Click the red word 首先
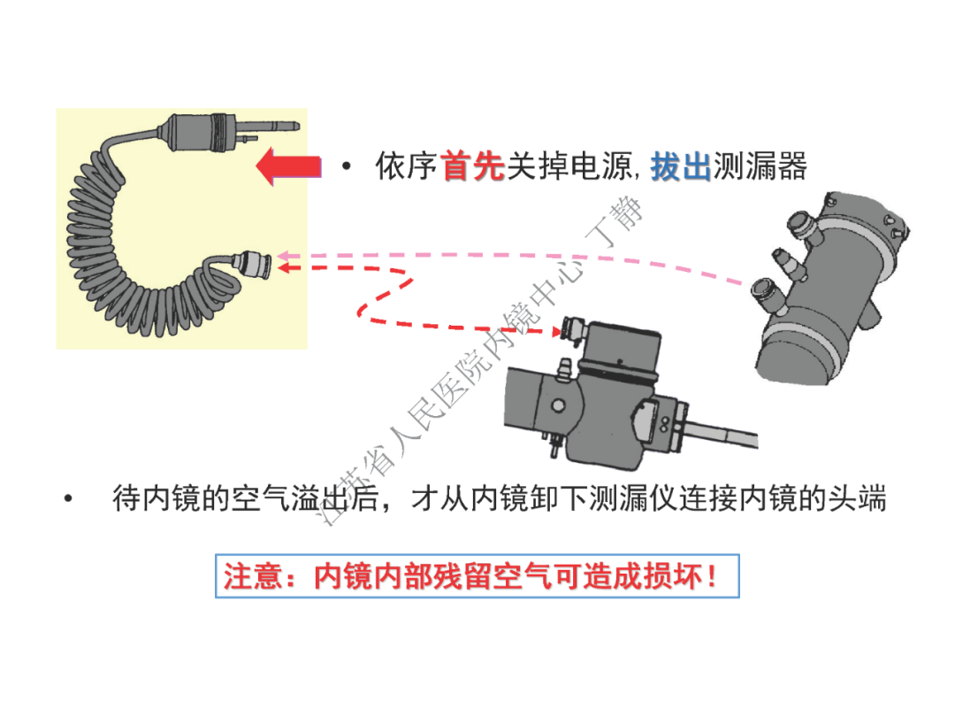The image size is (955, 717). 471,166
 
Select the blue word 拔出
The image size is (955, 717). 681,166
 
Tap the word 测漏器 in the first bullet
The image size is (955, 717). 760,166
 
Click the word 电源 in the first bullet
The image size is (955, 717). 603,166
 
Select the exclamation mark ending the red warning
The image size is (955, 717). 714,577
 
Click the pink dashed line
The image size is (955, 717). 531,255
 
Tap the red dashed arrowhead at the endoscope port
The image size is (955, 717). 558,332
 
